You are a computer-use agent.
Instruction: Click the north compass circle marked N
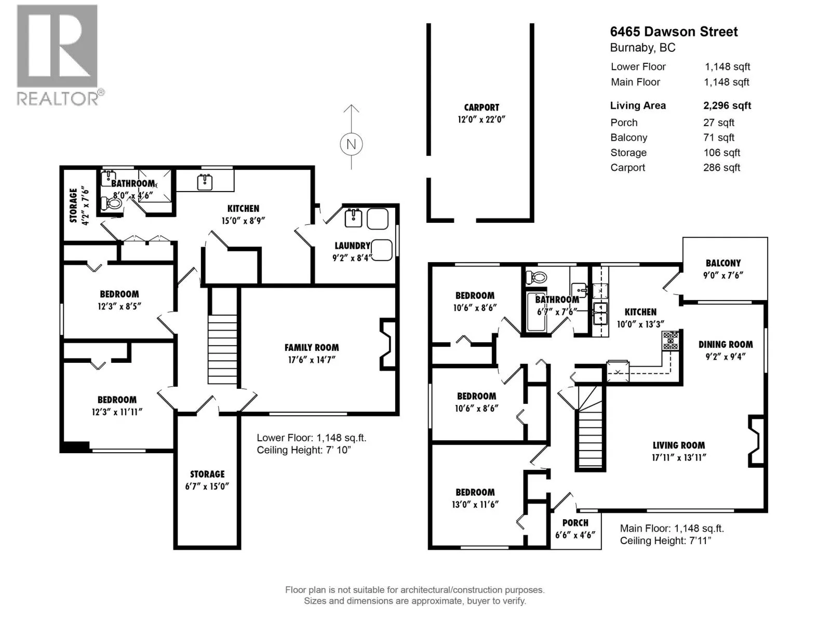pyautogui.click(x=351, y=144)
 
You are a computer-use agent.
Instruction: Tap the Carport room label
pyautogui.click(x=481, y=107)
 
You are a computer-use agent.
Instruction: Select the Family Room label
pyautogui.click(x=312, y=348)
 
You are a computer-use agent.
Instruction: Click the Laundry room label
pyautogui.click(x=352, y=246)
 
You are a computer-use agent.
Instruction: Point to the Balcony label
pyautogui.click(x=723, y=263)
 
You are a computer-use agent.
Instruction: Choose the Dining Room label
pyautogui.click(x=725, y=344)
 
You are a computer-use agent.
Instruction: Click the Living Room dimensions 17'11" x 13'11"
pyautogui.click(x=679, y=457)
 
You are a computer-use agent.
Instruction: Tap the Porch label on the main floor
pyautogui.click(x=575, y=523)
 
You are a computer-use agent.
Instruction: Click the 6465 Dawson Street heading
pyautogui.click(x=674, y=32)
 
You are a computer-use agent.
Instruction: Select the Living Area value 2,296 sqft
pyautogui.click(x=727, y=105)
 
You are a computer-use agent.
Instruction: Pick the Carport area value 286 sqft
pyautogui.click(x=721, y=168)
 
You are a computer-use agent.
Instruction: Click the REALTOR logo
pyautogui.click(x=57, y=55)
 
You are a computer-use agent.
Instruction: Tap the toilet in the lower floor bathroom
pyautogui.click(x=113, y=202)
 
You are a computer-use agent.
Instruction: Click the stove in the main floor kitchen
pyautogui.click(x=670, y=341)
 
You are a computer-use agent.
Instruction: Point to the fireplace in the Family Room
pyautogui.click(x=387, y=344)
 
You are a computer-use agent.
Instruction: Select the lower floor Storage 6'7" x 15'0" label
pyautogui.click(x=207, y=480)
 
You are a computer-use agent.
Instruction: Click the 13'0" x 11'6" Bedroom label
pyautogui.click(x=475, y=498)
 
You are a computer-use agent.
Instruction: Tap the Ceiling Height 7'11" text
pyautogui.click(x=665, y=540)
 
